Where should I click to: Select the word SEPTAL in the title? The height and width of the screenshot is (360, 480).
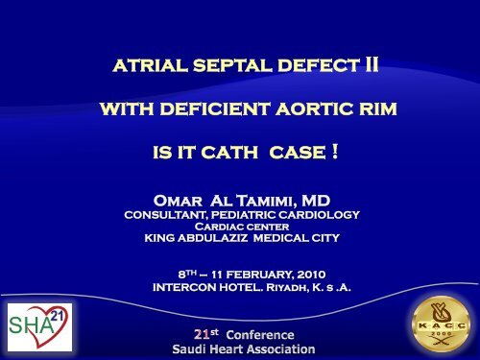coord(219,69)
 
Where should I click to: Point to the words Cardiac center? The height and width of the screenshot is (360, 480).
coord(240,227)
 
